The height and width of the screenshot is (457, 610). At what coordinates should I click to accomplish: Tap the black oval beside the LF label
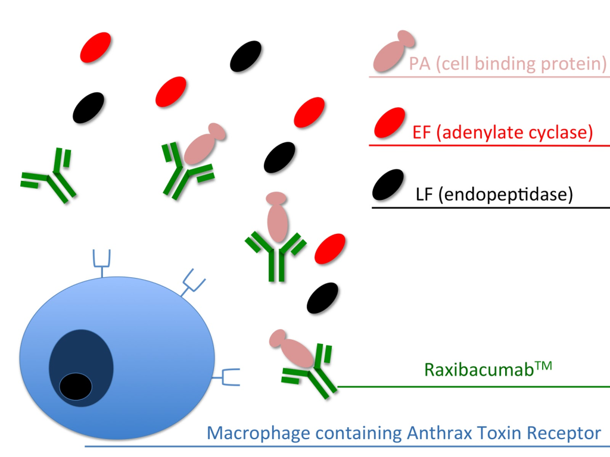pyautogui.click(x=388, y=185)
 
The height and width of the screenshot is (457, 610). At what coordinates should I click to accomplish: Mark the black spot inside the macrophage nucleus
pyautogui.click(x=76, y=386)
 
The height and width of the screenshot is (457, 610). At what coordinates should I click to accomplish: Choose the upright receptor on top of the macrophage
pyautogui.click(x=102, y=262)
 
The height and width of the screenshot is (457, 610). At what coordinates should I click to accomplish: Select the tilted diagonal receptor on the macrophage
pyautogui.click(x=192, y=281)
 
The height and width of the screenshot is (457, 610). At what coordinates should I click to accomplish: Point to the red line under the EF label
pyautogui.click(x=489, y=145)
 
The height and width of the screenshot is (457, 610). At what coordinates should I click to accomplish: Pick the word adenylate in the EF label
pyautogui.click(x=477, y=133)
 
